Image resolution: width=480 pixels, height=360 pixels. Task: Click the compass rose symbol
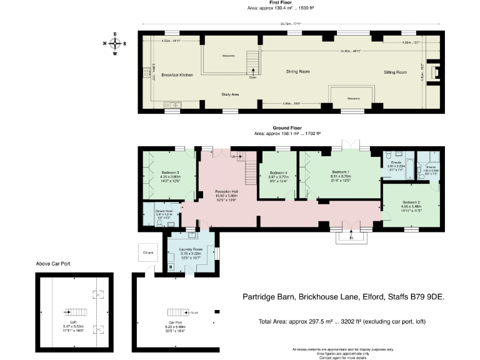[116, 43]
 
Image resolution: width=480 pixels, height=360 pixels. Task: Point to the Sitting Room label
[395, 72]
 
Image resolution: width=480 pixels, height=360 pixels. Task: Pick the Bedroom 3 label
[170, 172]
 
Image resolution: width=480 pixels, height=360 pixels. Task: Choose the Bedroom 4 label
[279, 173]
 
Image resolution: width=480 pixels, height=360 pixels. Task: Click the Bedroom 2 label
[411, 202]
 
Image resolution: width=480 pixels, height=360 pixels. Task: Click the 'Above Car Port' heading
[52, 264]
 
